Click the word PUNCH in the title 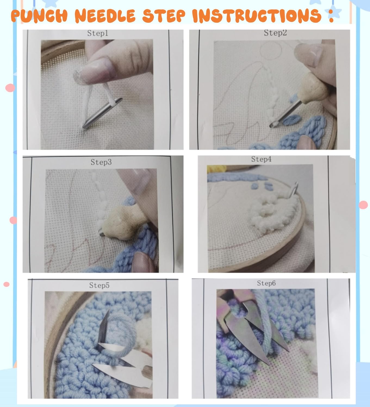point(39,16)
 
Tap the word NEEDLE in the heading point(105,16)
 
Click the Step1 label point(98,33)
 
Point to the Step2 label point(275,33)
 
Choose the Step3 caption point(101,162)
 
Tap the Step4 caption point(261,159)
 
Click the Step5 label point(99,285)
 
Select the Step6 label point(266,283)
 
